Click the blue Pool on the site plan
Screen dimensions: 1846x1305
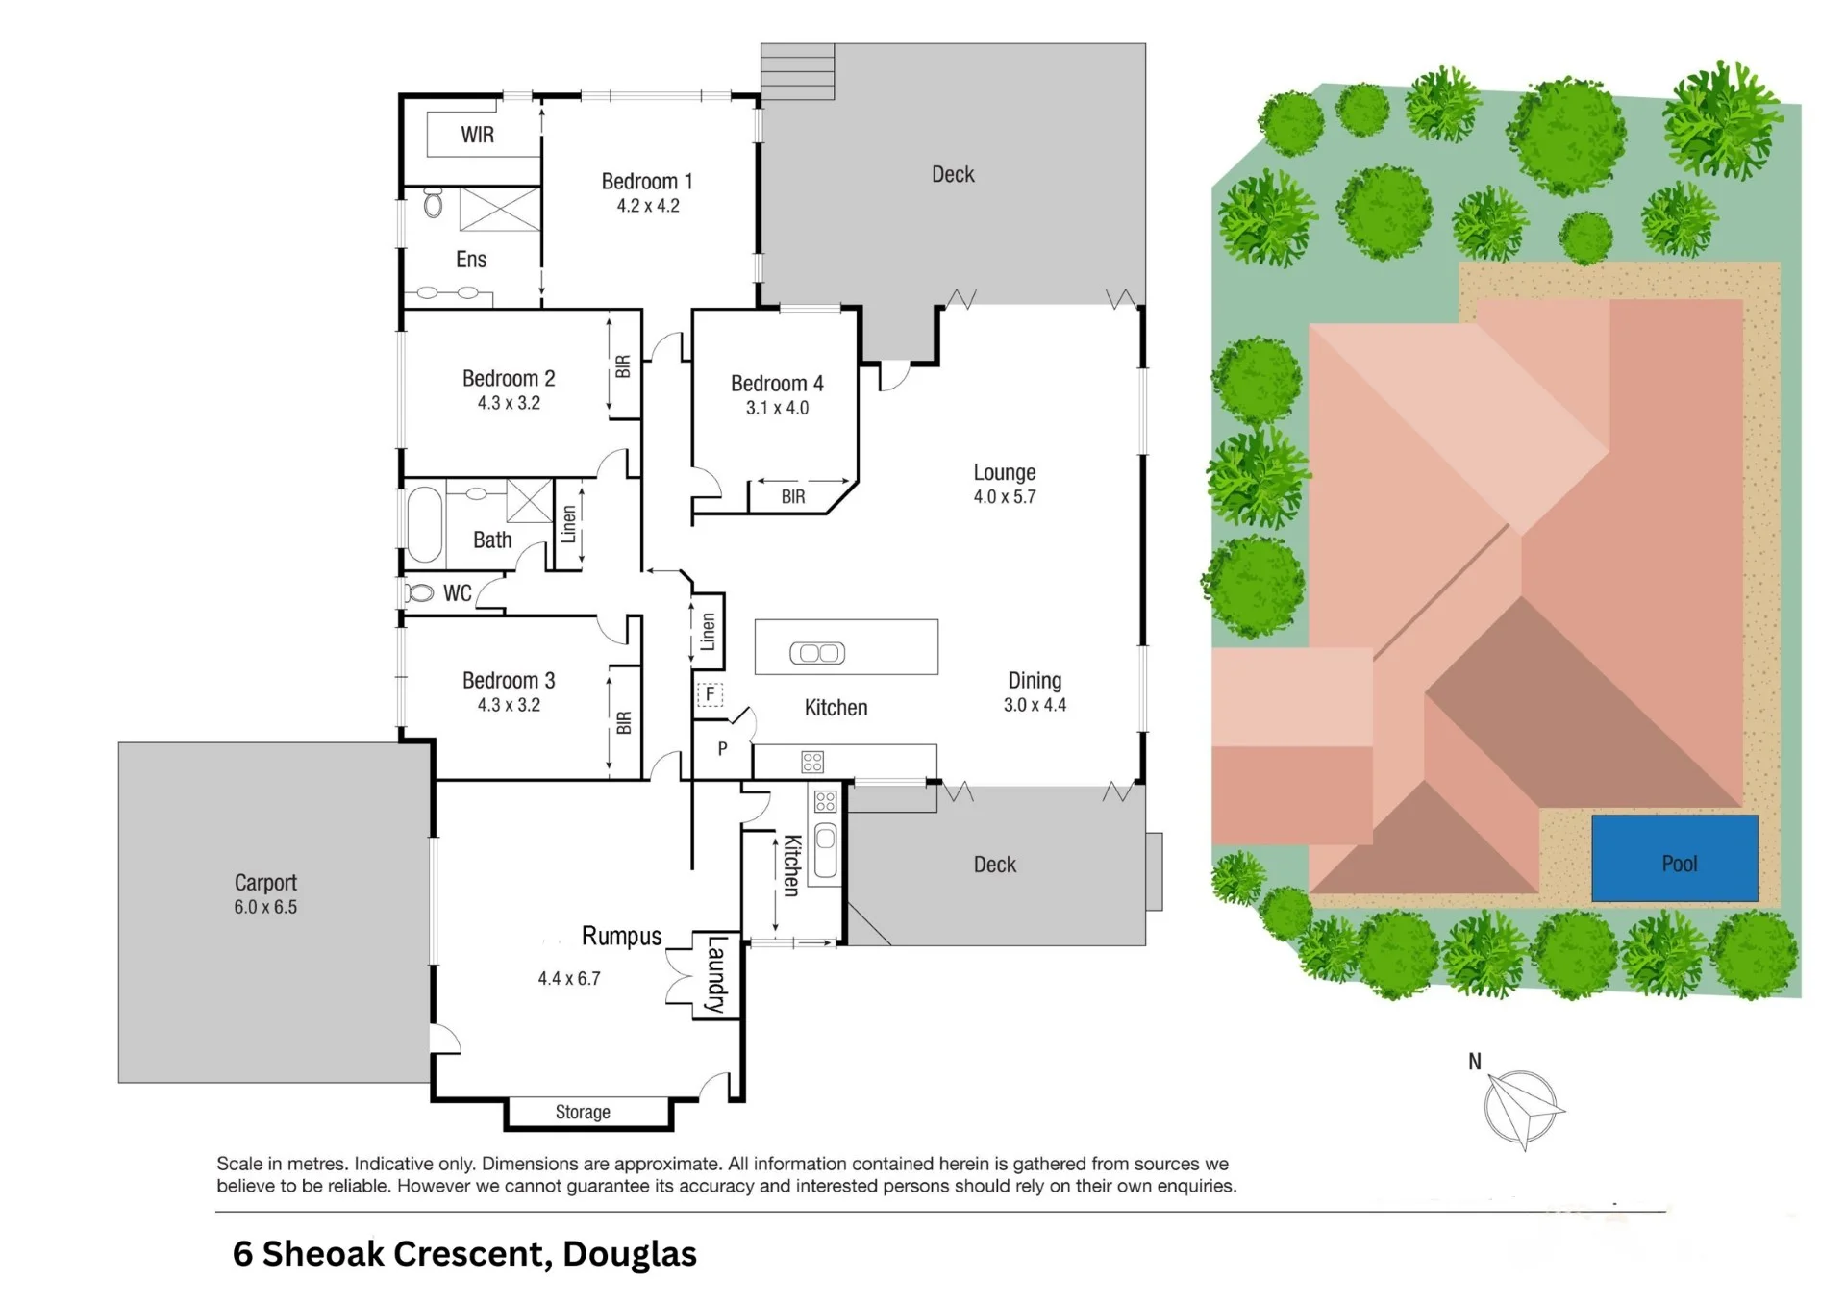click(x=1675, y=858)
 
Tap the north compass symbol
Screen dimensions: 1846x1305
click(x=1523, y=1108)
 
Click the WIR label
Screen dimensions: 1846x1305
click(x=477, y=135)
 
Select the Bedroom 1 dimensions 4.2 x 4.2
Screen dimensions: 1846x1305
click(x=648, y=206)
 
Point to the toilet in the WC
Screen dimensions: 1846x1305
click(x=419, y=593)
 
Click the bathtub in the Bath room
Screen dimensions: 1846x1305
click(x=424, y=524)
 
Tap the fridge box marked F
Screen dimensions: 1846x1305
click(x=710, y=693)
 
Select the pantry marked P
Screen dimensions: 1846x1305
click(x=722, y=748)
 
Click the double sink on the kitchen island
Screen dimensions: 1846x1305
click(x=817, y=653)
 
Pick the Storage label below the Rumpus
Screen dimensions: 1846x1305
click(x=583, y=1112)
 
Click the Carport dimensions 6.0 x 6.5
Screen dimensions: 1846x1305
click(x=265, y=907)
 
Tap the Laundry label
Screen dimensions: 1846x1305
click(x=716, y=974)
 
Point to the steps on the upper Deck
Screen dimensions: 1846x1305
click(x=797, y=71)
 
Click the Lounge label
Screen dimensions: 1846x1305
click(x=1005, y=472)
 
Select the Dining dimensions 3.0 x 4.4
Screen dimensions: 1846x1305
click(x=1035, y=705)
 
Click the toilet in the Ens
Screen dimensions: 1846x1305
click(x=433, y=203)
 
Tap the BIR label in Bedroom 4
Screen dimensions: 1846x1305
click(x=793, y=497)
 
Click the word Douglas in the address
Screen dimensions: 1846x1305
click(x=630, y=1254)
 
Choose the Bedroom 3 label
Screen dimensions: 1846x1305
click(x=509, y=681)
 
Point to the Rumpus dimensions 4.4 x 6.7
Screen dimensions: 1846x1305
click(x=569, y=979)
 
